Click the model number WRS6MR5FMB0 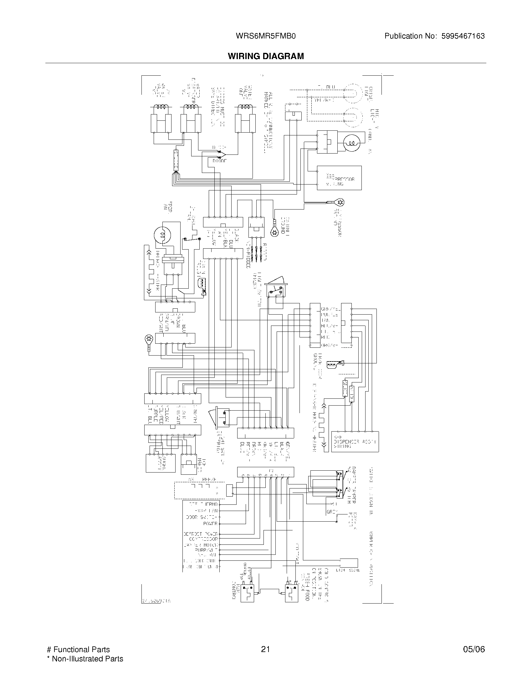(265, 36)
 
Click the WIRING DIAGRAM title (266, 56)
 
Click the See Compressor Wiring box (339, 178)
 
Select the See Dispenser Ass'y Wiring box (355, 442)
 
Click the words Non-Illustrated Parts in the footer (87, 659)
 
